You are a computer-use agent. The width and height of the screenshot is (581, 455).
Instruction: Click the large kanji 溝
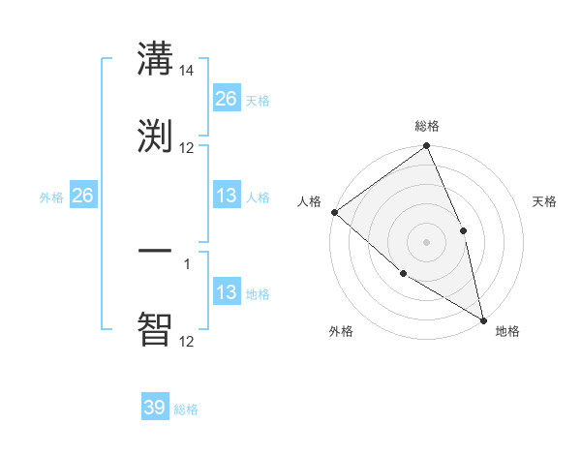coord(155,59)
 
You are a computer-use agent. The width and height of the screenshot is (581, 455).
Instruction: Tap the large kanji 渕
coord(155,135)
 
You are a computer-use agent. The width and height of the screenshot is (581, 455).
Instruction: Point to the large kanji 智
coord(155,328)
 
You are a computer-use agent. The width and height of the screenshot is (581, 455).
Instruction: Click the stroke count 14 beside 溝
coord(187,71)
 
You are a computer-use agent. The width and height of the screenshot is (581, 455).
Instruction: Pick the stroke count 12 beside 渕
coord(187,147)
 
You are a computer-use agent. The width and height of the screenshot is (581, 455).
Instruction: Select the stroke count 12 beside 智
coord(187,341)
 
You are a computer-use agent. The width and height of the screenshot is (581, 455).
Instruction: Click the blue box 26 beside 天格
coord(227,99)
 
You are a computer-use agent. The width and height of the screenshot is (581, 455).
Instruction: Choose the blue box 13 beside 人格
coord(227,196)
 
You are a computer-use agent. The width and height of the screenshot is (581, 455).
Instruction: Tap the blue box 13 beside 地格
coord(227,292)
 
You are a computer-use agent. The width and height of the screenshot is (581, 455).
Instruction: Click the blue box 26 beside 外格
coord(83,196)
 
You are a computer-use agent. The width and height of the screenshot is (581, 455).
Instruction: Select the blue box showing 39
coord(155,408)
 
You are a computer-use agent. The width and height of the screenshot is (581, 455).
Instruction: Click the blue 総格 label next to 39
coord(186,409)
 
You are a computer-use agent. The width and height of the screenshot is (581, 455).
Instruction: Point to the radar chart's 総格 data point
coord(427,147)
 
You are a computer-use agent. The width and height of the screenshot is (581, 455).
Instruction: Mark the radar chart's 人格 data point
coord(334,212)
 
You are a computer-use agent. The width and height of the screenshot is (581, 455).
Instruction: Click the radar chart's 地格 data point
coord(483,318)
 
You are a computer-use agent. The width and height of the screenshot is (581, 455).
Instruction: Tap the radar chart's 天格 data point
coord(463,230)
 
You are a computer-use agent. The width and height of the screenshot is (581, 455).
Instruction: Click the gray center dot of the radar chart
coord(427,242)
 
